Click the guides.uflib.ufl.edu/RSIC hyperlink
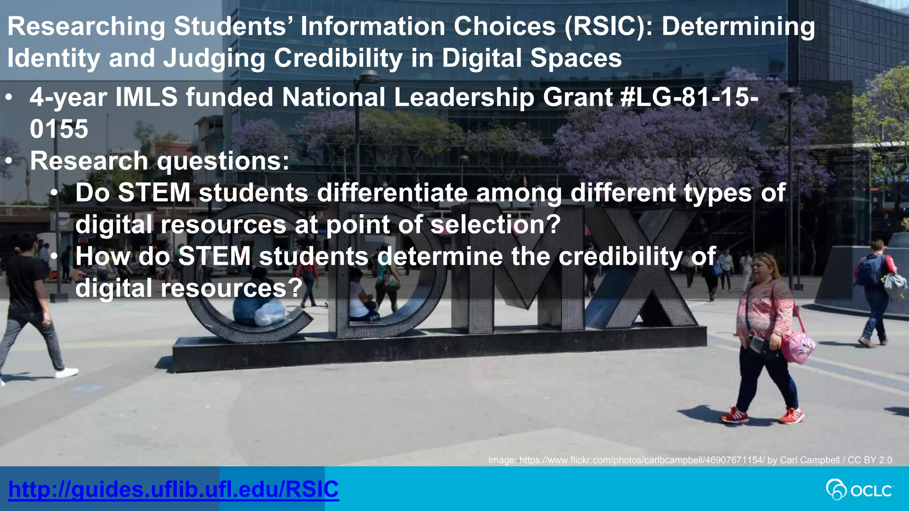tap(173, 489)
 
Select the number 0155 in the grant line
tap(59, 129)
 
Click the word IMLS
tap(146, 97)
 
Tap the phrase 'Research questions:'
tap(159, 161)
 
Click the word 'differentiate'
tap(392, 193)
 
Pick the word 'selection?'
tap(496, 224)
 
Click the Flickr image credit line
tap(690, 460)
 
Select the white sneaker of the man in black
tap(67, 373)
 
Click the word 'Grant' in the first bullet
tap(577, 97)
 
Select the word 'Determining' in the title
tap(738, 27)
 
